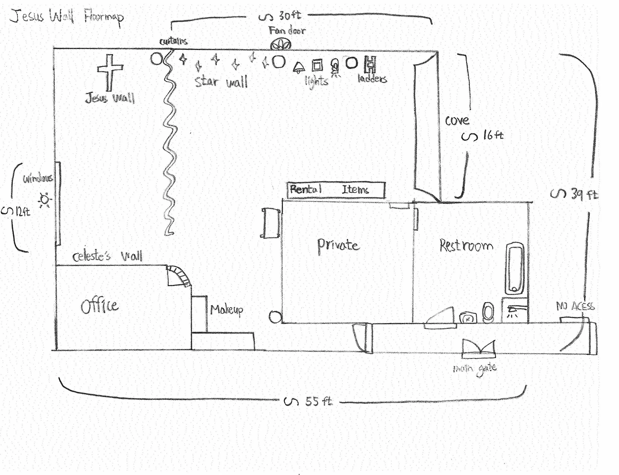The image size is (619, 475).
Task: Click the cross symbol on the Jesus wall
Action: pyautogui.click(x=110, y=72)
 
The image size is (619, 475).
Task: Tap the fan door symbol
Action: pyautogui.click(x=280, y=45)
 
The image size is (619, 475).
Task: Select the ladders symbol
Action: pyautogui.click(x=370, y=64)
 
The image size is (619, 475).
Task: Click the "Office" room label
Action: pyautogui.click(x=100, y=306)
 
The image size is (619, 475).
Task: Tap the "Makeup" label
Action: pyautogui.click(x=227, y=310)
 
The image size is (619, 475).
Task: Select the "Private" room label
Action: pyautogui.click(x=338, y=245)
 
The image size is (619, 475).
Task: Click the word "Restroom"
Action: pyautogui.click(x=466, y=245)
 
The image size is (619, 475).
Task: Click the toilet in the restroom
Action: pyautogui.click(x=488, y=313)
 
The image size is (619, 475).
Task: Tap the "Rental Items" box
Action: pyautogui.click(x=336, y=189)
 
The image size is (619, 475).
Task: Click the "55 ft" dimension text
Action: pyautogui.click(x=319, y=401)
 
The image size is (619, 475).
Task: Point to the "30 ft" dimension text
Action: pyautogui.click(x=290, y=16)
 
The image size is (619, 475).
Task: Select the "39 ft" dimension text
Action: pyautogui.click(x=584, y=194)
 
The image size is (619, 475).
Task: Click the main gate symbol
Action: pyautogui.click(x=478, y=348)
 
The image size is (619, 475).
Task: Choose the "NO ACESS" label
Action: pyautogui.click(x=575, y=306)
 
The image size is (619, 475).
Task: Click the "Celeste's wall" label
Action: pyautogui.click(x=107, y=256)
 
